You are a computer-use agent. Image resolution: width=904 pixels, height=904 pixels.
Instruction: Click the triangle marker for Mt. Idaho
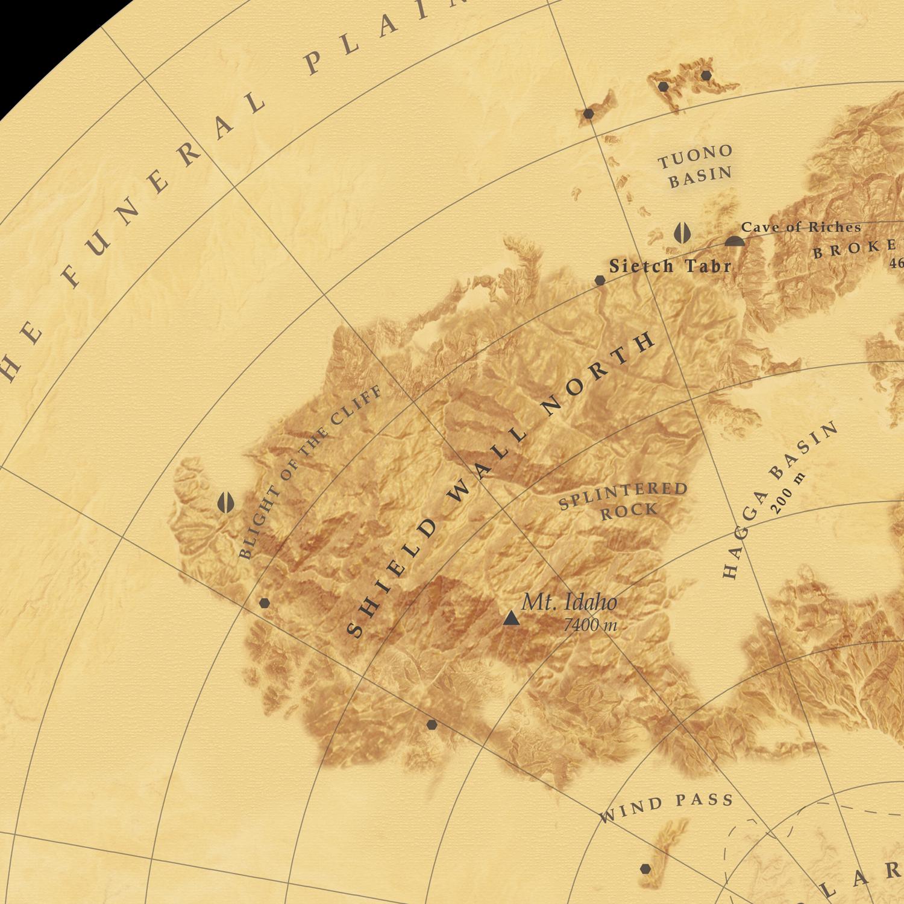tap(511, 618)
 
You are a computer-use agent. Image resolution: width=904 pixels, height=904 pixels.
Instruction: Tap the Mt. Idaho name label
tap(569, 602)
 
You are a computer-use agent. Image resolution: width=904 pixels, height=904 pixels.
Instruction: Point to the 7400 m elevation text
tap(589, 626)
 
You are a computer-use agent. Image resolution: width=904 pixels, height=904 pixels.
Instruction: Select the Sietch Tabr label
tap(670, 266)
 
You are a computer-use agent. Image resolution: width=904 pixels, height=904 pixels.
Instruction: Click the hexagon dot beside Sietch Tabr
tap(600, 280)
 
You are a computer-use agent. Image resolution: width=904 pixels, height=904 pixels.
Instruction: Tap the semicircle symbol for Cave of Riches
tap(734, 242)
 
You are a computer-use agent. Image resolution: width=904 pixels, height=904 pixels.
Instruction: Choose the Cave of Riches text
tap(800, 227)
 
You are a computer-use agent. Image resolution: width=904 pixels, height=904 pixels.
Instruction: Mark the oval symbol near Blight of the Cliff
tap(225, 502)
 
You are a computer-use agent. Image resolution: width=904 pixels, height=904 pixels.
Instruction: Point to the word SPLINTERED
tap(623, 495)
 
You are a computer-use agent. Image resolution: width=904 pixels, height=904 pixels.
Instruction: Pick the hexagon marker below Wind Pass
tap(645, 868)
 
